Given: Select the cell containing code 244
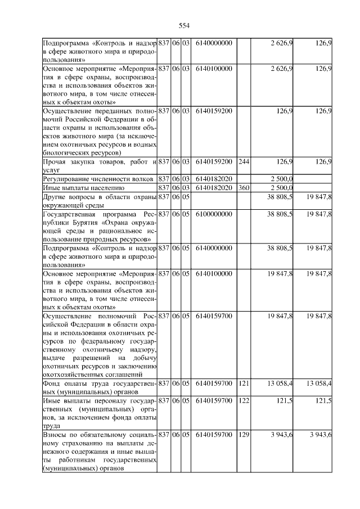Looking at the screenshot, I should pyautogui.click(x=243, y=162).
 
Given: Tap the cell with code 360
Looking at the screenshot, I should pyautogui.click(x=243, y=187).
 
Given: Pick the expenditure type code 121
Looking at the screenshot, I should pyautogui.click(x=243, y=383).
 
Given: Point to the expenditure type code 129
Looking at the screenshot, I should pyautogui.click(x=243, y=435).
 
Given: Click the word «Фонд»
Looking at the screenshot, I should pyautogui.click(x=53, y=383).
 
